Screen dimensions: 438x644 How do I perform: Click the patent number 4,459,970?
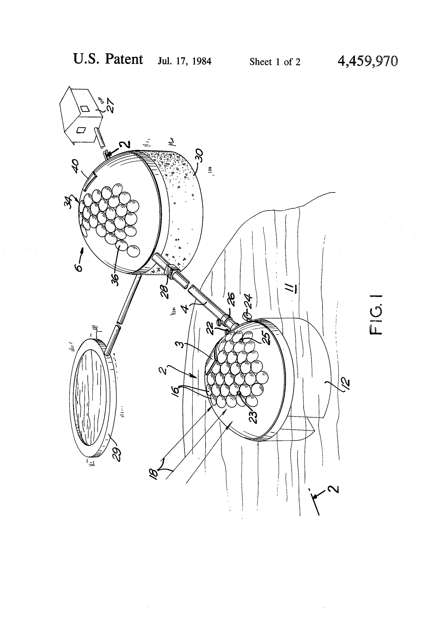click(368, 61)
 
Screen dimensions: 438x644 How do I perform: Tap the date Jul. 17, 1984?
click(184, 61)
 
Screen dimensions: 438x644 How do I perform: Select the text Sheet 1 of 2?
click(275, 62)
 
